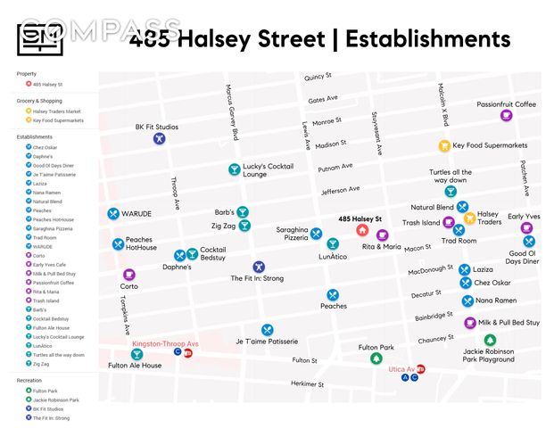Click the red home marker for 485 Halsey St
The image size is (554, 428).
pos(362,230)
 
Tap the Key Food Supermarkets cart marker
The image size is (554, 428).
pos(443,145)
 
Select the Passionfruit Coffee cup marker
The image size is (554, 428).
pos(506,116)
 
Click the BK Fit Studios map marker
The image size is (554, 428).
pos(158,139)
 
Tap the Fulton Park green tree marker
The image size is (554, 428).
pos(376,359)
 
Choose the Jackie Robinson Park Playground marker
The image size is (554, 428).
pos(489,340)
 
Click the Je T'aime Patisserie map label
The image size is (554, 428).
pos(266,342)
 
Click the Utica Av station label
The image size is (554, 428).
pos(401,368)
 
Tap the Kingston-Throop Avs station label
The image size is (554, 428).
pos(165,343)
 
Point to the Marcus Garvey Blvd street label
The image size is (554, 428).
pos(233,112)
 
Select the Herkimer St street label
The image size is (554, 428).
pos(307,383)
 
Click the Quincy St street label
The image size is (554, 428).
pos(317,78)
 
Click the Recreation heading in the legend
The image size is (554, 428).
pos(29,380)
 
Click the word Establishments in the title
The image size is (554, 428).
pos(427,39)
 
